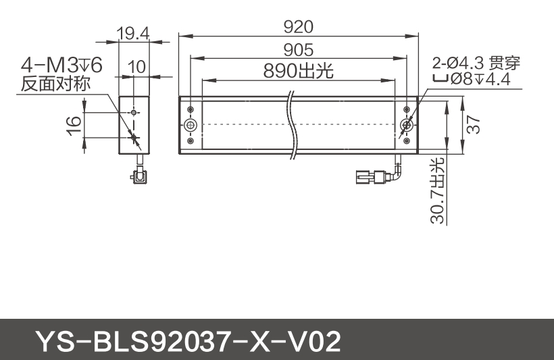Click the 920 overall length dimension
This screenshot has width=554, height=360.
tap(298, 26)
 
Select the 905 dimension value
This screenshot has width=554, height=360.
tap(298, 49)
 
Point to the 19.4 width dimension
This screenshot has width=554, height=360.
tap(133, 33)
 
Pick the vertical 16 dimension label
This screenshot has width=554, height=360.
tap(74, 122)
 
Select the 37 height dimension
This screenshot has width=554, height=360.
tap(473, 124)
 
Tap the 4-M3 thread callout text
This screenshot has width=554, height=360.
tap(61, 66)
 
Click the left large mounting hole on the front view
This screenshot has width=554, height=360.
tap(191, 126)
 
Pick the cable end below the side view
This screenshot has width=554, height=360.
tap(140, 178)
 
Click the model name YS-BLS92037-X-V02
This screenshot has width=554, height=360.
tap(187, 341)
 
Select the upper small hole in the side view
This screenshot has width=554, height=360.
tap(134, 111)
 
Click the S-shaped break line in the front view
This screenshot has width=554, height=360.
tap(292, 125)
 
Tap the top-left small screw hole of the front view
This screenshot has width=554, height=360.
tap(191, 109)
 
